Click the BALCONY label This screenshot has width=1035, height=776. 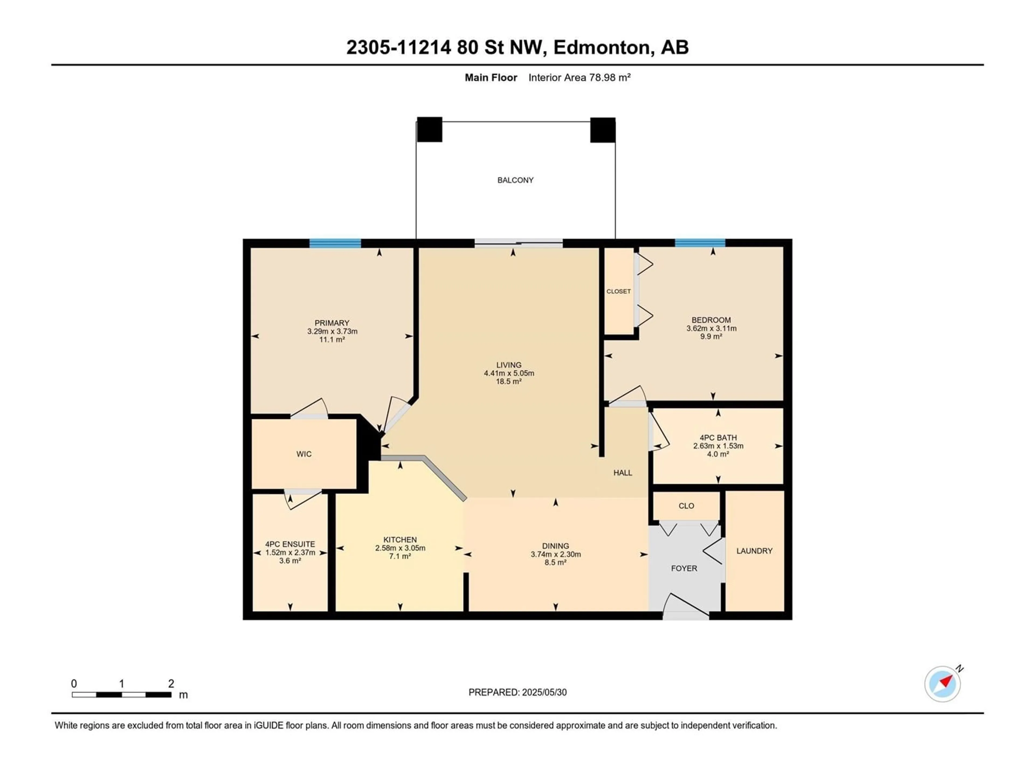click(515, 180)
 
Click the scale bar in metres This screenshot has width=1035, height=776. click(122, 695)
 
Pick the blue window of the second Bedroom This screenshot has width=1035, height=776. click(700, 243)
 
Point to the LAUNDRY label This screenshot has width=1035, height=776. click(754, 551)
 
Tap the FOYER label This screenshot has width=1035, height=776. click(684, 568)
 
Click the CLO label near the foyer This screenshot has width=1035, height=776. click(686, 506)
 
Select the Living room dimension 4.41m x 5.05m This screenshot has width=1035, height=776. click(509, 373)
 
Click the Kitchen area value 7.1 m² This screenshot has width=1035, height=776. click(400, 556)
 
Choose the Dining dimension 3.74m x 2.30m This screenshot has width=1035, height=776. click(556, 554)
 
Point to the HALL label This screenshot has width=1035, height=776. click(623, 473)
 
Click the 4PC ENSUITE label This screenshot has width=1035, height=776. click(290, 544)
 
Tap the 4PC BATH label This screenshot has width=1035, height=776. click(718, 438)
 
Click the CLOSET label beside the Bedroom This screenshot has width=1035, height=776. click(619, 292)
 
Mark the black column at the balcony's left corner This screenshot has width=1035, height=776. click(430, 130)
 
